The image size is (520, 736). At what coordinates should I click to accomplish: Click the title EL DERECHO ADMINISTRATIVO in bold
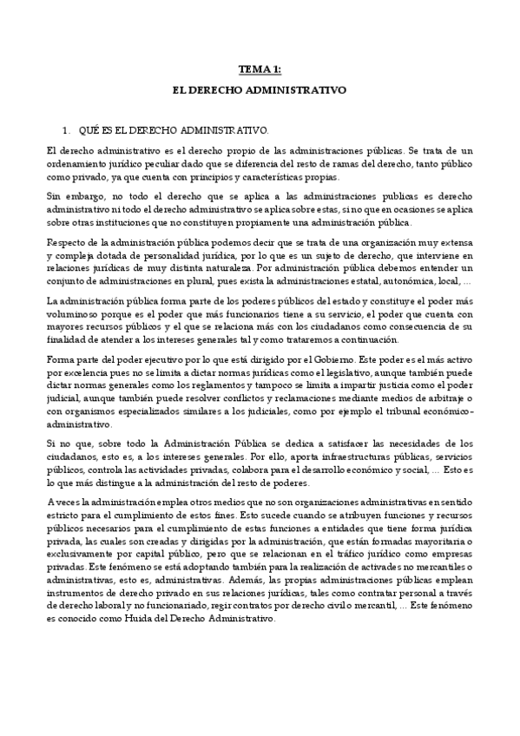click(x=260, y=89)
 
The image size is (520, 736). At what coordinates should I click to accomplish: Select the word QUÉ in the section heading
click(x=89, y=129)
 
